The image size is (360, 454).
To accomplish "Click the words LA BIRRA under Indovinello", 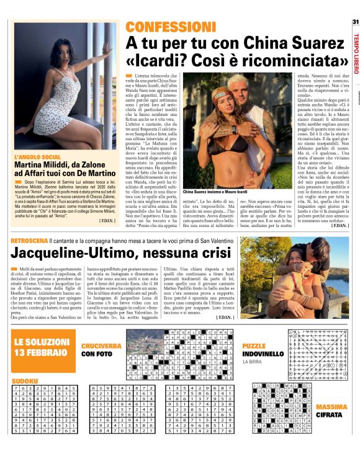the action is coord(253,361).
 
